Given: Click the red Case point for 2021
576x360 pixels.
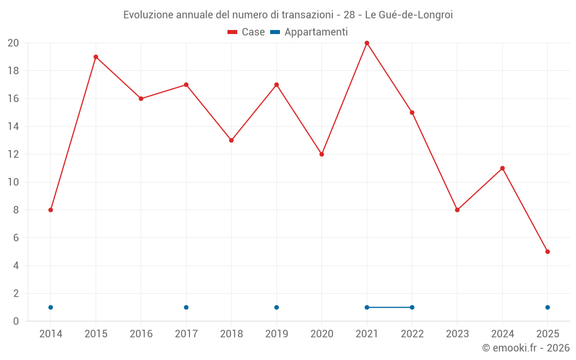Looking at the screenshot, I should pos(367,43).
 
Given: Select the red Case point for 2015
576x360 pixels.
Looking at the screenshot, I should pos(96,57).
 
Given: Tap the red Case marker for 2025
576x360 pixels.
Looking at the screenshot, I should pos(547,252).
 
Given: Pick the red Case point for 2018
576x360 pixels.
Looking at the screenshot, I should pos(232,141).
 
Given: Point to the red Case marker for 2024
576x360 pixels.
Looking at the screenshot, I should pos(502,168).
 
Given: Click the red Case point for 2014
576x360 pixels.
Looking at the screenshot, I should pos(51,210).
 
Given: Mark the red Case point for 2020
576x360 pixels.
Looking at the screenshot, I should pos(322,154).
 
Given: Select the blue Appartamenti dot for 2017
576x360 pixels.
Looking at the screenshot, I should pos(186,308).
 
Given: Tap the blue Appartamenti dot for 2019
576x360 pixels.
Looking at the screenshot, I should pos(276,308).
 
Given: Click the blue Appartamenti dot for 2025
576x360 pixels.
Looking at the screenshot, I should pos(547,308).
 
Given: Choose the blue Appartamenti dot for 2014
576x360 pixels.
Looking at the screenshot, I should pos(51,308).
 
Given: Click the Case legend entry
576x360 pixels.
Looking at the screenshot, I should pos(247,32).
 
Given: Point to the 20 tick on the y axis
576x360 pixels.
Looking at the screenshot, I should pos(13,43).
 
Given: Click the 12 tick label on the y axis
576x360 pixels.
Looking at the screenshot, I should pos(13,154).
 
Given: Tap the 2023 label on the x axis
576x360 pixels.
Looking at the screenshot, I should pos(457,334).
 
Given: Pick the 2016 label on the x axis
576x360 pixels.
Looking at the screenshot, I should pos(141,334).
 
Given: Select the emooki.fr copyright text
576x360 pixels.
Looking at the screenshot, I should pos(526,348).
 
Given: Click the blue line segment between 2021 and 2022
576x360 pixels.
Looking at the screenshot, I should pos(389,308).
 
